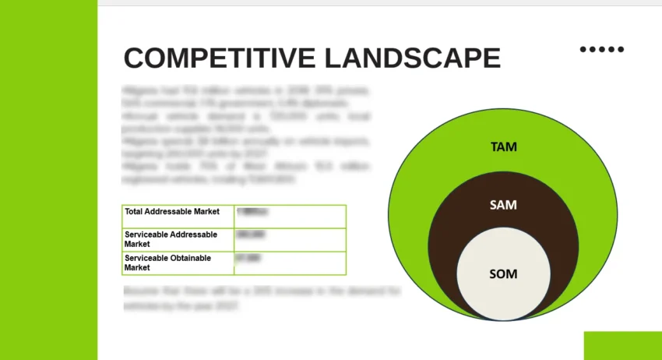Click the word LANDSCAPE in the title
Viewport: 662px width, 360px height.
[413, 58]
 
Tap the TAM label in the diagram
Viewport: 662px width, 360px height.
[503, 146]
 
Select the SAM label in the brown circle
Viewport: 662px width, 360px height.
[503, 205]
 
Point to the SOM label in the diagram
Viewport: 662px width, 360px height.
[503, 274]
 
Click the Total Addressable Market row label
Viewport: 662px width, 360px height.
[172, 211]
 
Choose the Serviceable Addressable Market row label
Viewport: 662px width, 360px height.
[171, 238]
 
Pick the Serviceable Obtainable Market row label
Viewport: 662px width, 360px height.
[167, 263]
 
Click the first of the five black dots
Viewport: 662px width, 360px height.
[583, 49]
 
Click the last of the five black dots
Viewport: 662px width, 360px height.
[621, 49]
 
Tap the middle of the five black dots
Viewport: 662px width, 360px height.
[602, 49]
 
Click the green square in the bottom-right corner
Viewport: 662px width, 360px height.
[622, 345]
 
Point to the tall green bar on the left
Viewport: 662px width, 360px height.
[48, 180]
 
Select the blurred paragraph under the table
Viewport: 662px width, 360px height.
[262, 298]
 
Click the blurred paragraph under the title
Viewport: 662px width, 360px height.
[246, 135]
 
